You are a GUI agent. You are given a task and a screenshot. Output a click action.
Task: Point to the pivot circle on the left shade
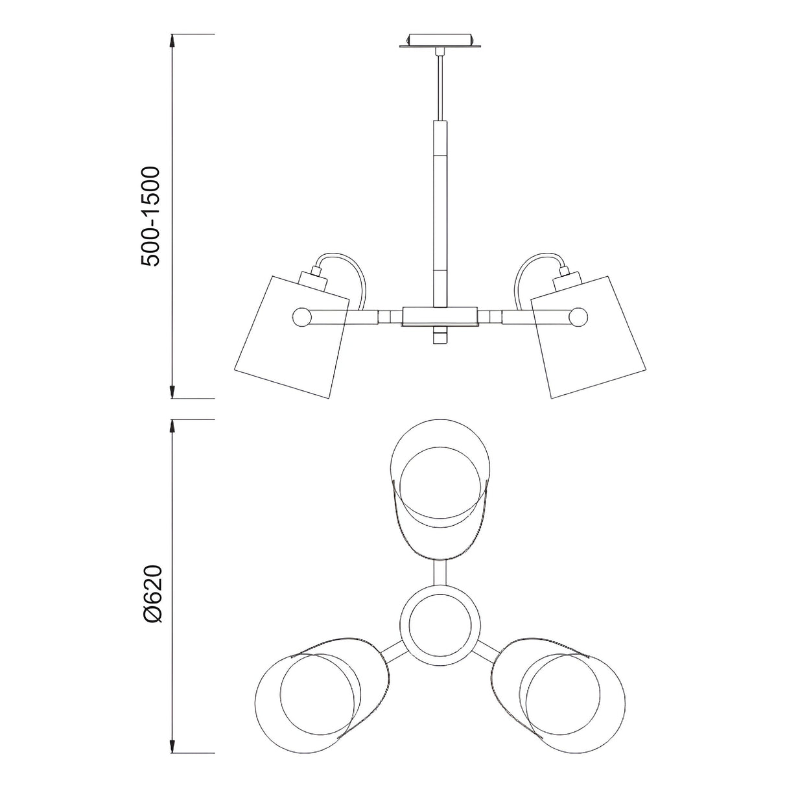tap(301, 318)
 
